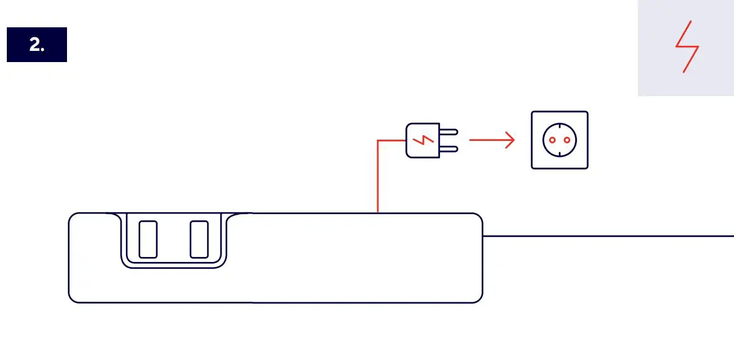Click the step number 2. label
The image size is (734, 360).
click(x=37, y=45)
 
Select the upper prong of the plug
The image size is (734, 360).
click(x=449, y=132)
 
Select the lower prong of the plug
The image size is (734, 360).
click(x=449, y=148)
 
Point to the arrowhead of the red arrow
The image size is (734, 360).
click(x=511, y=140)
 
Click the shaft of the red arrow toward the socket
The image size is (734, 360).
click(x=487, y=140)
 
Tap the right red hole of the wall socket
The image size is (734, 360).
click(x=567, y=140)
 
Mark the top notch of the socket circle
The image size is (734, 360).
click(x=560, y=124)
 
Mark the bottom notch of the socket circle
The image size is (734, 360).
click(x=560, y=156)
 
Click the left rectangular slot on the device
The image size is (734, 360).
click(x=148, y=239)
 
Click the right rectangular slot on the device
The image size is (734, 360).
click(x=199, y=239)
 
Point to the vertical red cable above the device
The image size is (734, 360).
click(x=378, y=180)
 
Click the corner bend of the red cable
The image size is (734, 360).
click(x=378, y=141)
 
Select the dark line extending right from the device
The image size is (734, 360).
click(x=608, y=236)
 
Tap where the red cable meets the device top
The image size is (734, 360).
click(x=378, y=213)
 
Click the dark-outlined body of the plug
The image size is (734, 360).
click(x=415, y=140)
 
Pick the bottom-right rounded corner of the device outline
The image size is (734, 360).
click(x=478, y=299)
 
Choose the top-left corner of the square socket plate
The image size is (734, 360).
click(x=533, y=113)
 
